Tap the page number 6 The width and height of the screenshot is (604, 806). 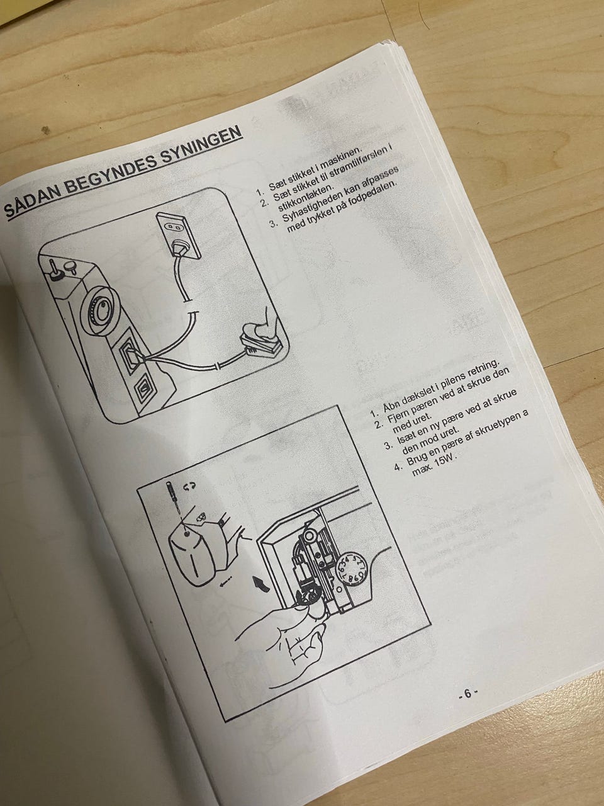point(467,693)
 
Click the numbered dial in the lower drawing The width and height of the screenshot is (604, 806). point(352,572)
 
